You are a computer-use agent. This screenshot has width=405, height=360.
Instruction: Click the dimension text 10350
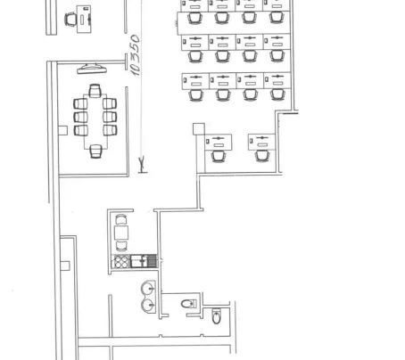point(135,55)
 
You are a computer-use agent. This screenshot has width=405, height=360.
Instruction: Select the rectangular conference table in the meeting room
point(95,121)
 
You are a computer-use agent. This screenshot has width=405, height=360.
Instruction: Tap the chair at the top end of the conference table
point(95,91)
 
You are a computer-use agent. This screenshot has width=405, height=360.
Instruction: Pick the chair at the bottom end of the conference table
point(95,151)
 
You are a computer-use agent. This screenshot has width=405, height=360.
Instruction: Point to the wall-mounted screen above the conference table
point(92,69)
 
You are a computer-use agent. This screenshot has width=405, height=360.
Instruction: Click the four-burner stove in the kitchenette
point(121,261)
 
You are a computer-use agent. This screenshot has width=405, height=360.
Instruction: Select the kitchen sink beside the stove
point(139,261)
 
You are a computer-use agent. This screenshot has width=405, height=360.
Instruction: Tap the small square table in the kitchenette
point(121,233)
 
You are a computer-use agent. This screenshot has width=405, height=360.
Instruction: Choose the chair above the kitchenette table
point(121,219)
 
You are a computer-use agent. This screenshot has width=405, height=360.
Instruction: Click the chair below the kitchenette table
point(121,246)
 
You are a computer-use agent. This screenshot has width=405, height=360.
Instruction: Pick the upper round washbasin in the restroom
point(148,288)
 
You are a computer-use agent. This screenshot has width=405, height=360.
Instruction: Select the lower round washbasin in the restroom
point(148,305)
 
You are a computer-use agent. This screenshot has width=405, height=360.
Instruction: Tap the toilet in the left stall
point(189,304)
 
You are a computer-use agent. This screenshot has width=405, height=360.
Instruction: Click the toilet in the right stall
point(217,316)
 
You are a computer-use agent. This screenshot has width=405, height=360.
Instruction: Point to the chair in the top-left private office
point(70,20)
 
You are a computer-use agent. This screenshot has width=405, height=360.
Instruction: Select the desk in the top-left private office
point(84,19)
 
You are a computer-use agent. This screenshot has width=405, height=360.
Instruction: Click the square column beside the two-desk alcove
point(199,129)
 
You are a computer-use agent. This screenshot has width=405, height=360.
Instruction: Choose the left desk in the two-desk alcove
point(219,142)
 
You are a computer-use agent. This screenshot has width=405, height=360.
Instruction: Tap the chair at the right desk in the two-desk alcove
point(262,156)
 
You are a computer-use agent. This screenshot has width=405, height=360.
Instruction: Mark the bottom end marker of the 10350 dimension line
point(142,165)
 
